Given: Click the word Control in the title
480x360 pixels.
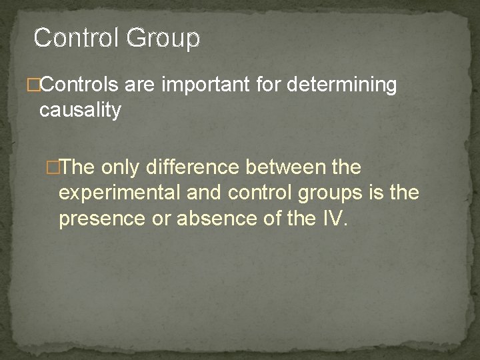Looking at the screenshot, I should tap(75, 38).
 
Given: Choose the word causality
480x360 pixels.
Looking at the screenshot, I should tap(81, 110).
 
